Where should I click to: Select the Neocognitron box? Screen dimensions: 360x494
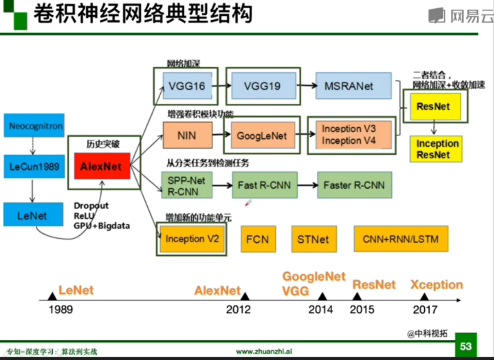[x=36, y=125]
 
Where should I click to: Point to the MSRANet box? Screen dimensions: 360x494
[x=353, y=86]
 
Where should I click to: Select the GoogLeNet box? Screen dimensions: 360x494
[x=262, y=135]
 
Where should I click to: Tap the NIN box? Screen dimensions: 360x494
[x=186, y=135]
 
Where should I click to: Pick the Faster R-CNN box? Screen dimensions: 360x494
[x=354, y=185]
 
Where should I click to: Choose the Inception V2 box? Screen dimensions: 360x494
[x=191, y=239]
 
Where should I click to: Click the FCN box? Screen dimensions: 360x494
[x=258, y=239]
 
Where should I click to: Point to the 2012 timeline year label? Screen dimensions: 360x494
[x=238, y=310]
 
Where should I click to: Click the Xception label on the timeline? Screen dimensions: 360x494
[x=437, y=285]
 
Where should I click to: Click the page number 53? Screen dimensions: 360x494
[x=466, y=347]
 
